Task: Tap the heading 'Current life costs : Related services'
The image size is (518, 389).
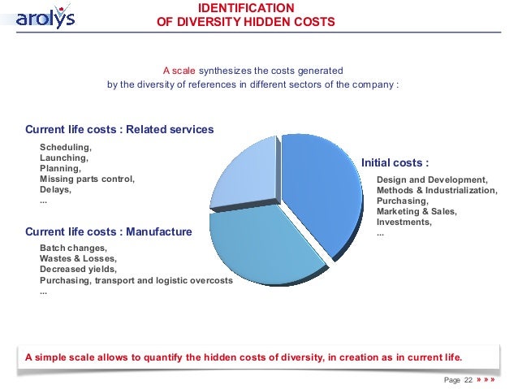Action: (119, 129)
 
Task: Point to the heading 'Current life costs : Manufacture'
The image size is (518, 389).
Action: (109, 231)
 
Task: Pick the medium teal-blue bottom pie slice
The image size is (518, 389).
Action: (260, 248)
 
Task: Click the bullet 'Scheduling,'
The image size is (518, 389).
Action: (66, 147)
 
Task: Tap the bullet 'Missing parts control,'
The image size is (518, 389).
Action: (87, 179)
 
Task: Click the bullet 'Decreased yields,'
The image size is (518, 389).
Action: (78, 269)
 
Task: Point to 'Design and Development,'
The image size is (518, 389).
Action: (432, 179)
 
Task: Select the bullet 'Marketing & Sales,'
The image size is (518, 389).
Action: (417, 211)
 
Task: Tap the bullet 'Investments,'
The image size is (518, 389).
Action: (404, 222)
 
